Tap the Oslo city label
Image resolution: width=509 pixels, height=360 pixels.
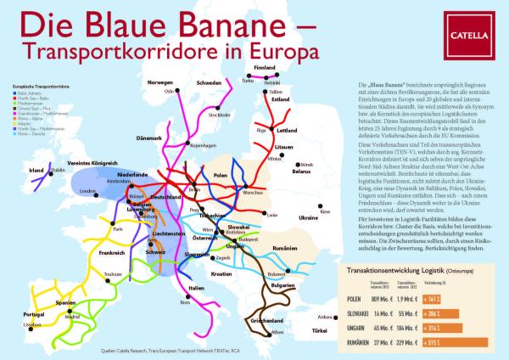click(x=169, y=90)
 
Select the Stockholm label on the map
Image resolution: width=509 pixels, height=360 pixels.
click(x=219, y=115)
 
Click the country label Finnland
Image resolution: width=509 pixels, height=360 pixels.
click(x=266, y=67)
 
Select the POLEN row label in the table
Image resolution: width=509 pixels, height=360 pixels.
click(x=359, y=299)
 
